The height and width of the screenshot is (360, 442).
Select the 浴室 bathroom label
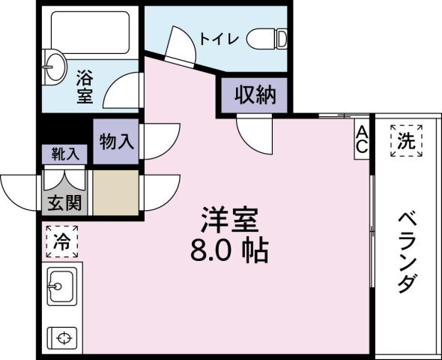[84, 85]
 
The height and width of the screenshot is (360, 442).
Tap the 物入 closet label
[116, 141]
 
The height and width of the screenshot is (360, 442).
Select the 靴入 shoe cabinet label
[64, 154]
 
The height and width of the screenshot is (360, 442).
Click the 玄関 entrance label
[66, 202]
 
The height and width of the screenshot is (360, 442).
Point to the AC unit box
[361, 139]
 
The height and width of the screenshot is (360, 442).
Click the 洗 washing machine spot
[405, 140]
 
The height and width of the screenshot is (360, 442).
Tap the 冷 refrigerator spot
[63, 241]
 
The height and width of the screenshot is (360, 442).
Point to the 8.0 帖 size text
[228, 251]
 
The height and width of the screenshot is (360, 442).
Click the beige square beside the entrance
[115, 192]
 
